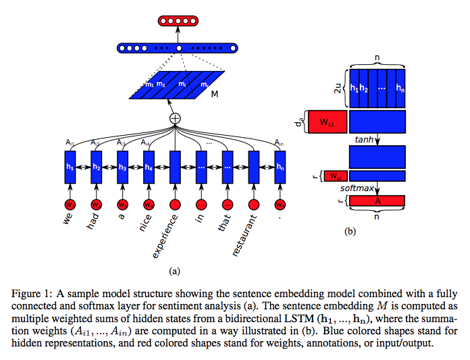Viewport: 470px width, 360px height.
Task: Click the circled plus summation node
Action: click(175, 118)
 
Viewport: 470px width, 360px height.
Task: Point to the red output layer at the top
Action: click(179, 20)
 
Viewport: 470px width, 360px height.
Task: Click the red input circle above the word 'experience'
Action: click(175, 205)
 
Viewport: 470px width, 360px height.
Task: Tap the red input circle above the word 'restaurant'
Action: click(254, 205)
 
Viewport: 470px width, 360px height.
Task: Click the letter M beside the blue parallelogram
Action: click(214, 95)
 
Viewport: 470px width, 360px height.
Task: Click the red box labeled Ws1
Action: click(326, 122)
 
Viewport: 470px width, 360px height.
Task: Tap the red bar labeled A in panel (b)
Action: click(377, 201)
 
